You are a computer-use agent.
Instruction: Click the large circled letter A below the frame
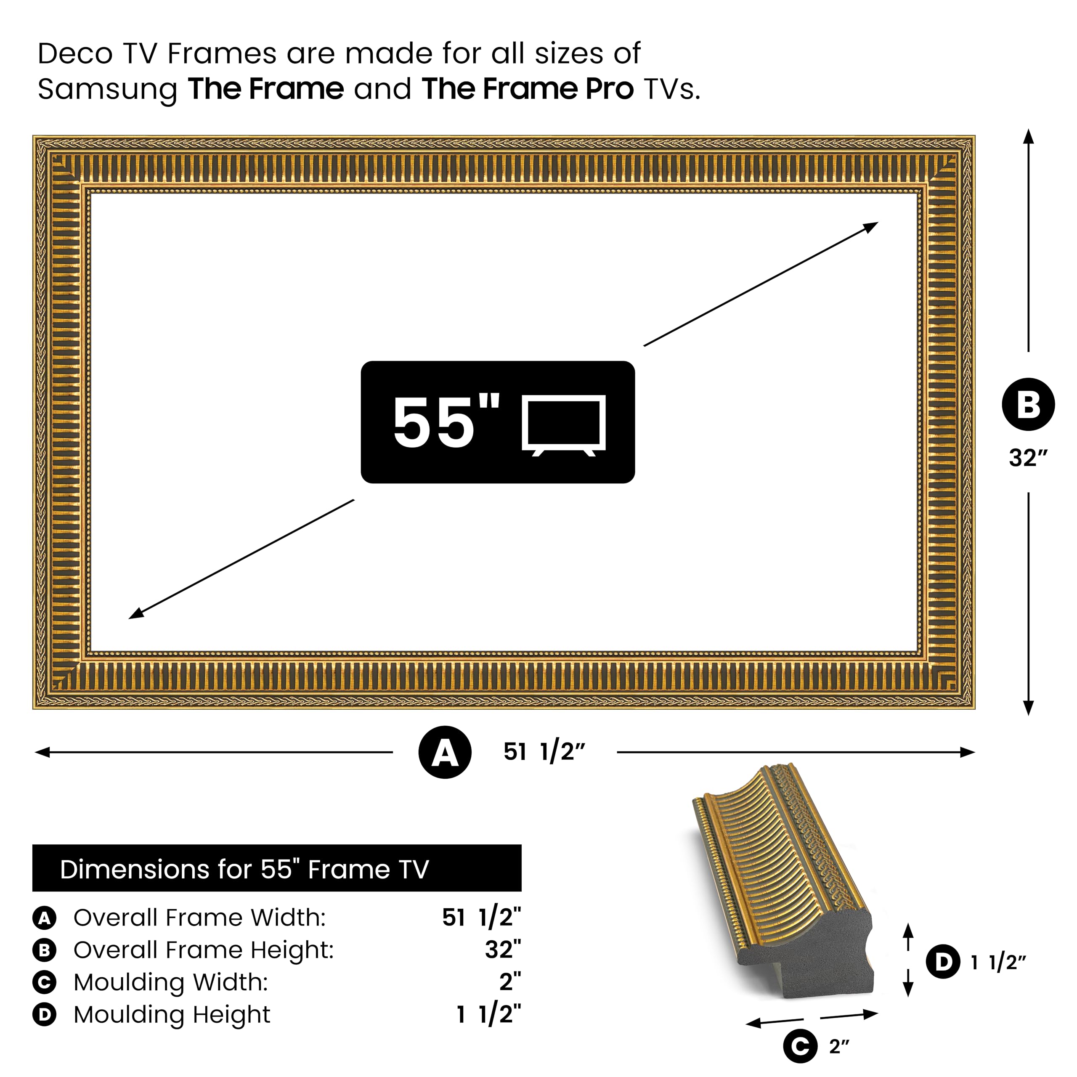[445, 752]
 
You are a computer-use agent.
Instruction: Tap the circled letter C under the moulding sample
[800, 1046]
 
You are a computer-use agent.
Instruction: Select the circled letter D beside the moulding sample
[943, 962]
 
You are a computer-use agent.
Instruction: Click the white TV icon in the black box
[564, 425]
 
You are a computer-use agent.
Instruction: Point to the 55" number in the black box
[446, 422]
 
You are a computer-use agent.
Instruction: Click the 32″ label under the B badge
[1028, 458]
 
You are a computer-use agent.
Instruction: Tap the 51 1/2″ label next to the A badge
[544, 752]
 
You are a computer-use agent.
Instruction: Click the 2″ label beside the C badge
[839, 1046]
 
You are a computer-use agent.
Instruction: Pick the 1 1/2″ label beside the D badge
[998, 963]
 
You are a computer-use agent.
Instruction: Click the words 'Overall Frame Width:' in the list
[199, 918]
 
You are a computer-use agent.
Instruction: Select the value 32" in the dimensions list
[502, 950]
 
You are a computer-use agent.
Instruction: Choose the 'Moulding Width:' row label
[170, 982]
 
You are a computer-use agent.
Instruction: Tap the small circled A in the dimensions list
[45, 918]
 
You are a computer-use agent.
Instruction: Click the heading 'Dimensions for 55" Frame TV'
[244, 869]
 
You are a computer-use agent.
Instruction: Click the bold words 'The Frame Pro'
[527, 89]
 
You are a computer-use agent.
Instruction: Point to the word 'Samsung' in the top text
[107, 89]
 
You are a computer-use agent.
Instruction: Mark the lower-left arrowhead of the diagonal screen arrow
[135, 614]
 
